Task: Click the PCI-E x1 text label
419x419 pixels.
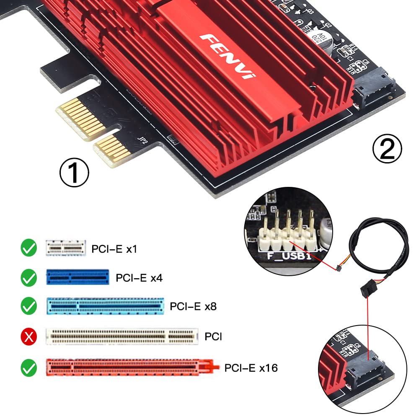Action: [x=114, y=249]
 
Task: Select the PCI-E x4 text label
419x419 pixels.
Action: [x=139, y=277]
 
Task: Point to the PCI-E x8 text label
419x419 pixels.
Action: [x=193, y=306]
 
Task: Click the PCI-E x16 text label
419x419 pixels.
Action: [x=251, y=368]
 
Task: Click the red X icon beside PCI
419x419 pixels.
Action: [x=29, y=336]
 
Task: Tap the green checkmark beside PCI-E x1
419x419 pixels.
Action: [x=29, y=248]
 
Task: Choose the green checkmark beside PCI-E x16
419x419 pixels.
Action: [x=29, y=368]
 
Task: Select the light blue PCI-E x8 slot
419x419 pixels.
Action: [x=104, y=306]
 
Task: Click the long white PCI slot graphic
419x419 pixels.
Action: [x=122, y=335]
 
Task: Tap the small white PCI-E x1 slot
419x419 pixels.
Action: [x=66, y=248]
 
